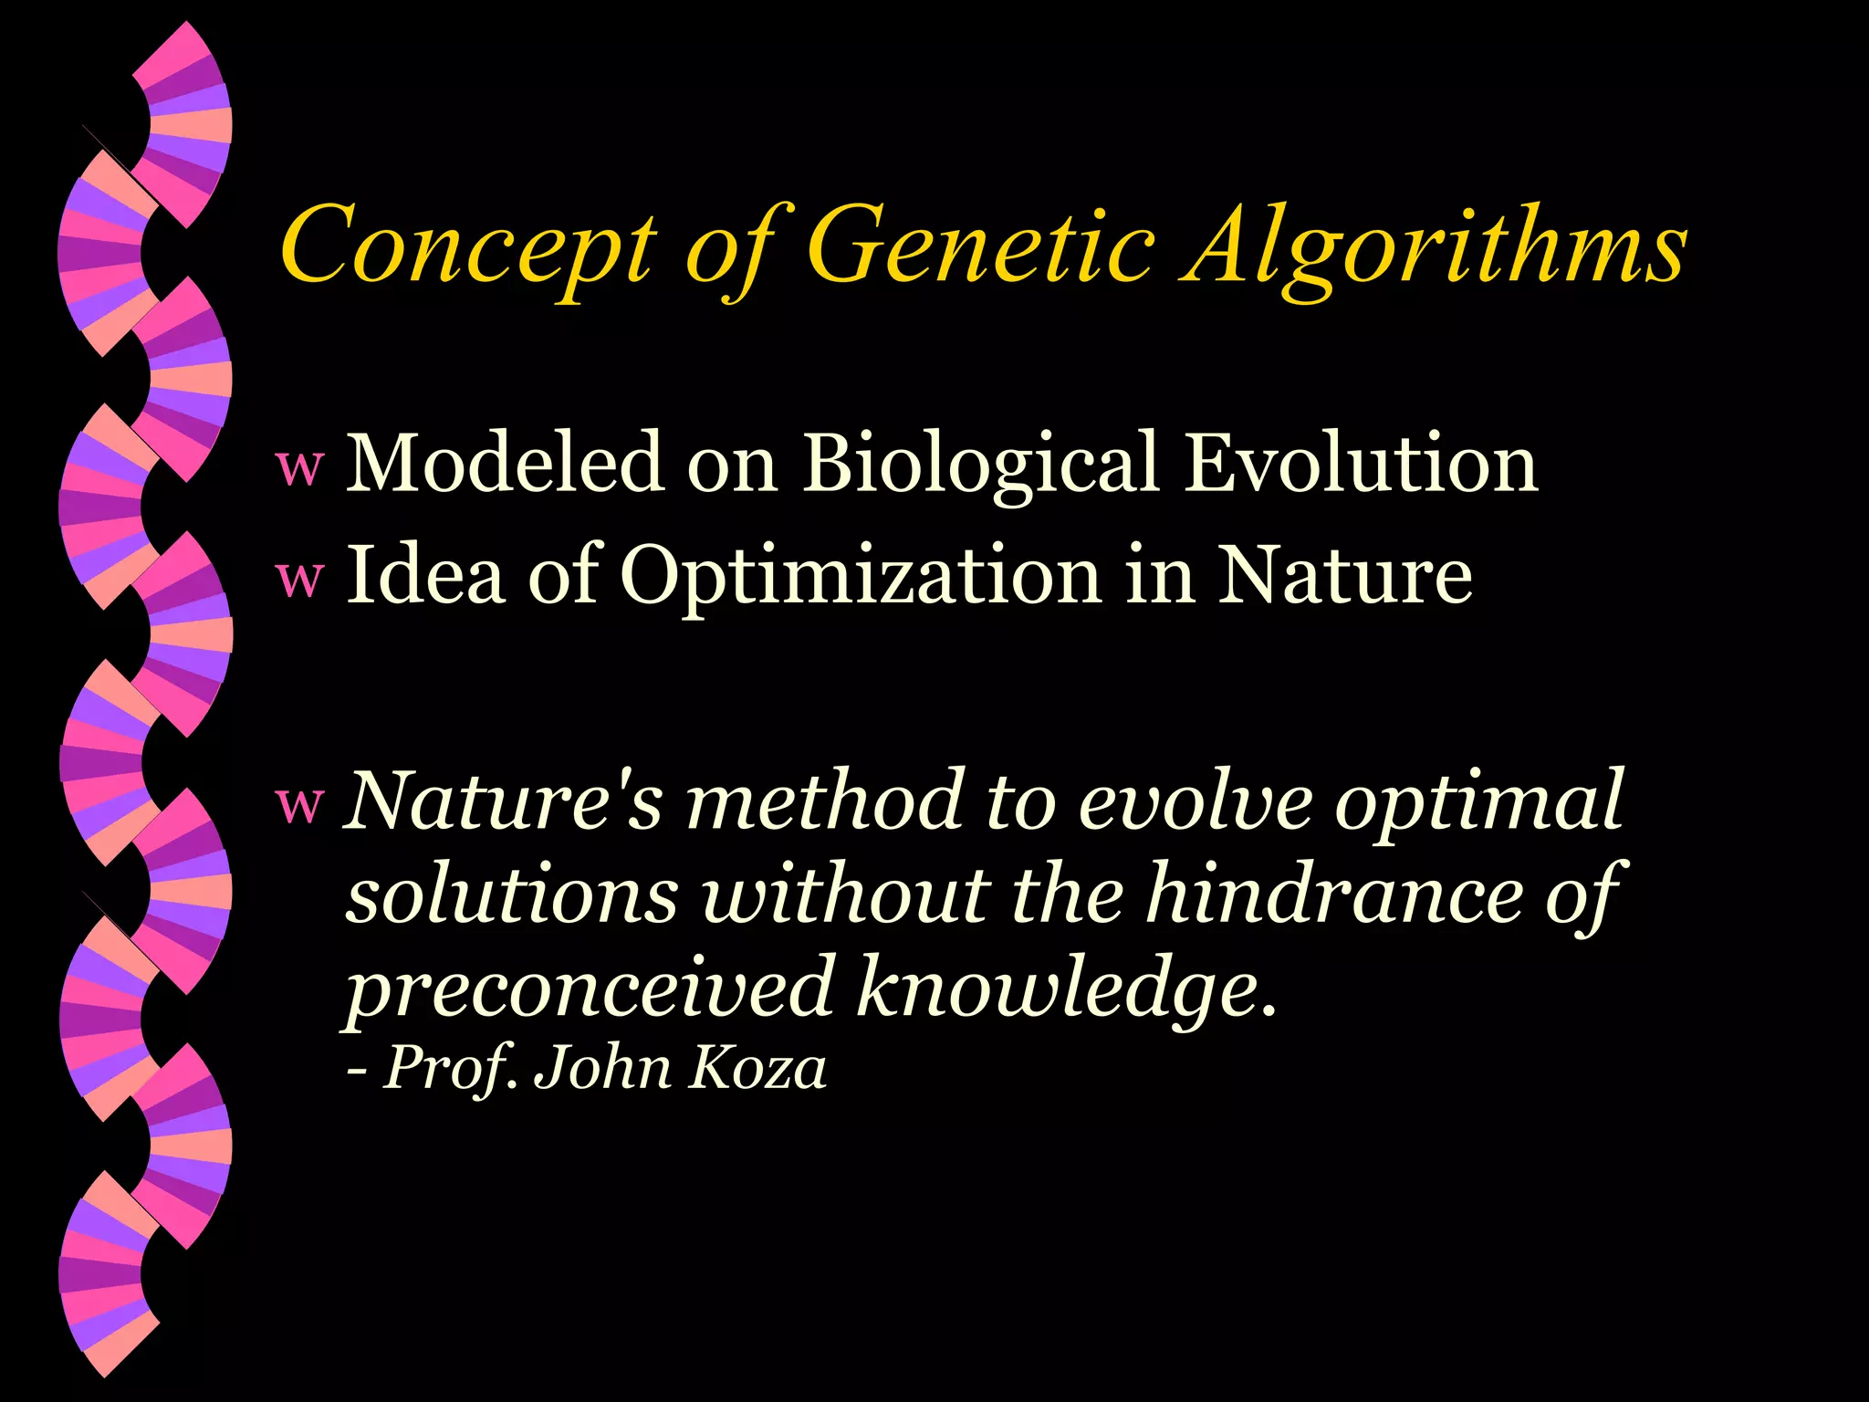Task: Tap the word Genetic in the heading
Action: pyautogui.click(x=980, y=245)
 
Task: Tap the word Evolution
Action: pyautogui.click(x=1361, y=463)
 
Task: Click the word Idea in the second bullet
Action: pyautogui.click(x=425, y=575)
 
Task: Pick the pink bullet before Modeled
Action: pyautogui.click(x=300, y=467)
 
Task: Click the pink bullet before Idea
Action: pyautogui.click(x=300, y=579)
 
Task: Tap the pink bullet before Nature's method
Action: pyautogui.click(x=300, y=803)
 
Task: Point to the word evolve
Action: pyautogui.click(x=1195, y=801)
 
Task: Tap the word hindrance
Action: pyautogui.click(x=1333, y=895)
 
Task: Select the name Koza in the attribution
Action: pyautogui.click(x=757, y=1068)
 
